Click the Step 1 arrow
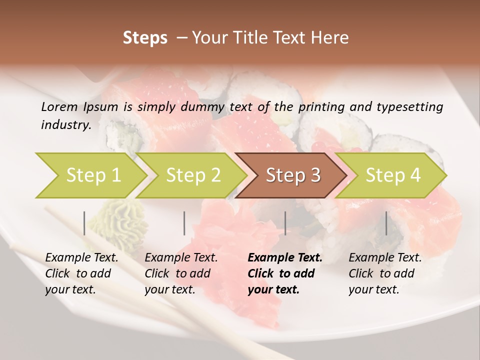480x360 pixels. (90, 175)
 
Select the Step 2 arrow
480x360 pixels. (192, 175)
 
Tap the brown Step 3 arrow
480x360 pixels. (292, 175)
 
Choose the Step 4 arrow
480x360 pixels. (392, 175)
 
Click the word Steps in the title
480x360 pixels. (145, 37)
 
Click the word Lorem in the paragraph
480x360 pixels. (59, 106)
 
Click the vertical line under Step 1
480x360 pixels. (84, 223)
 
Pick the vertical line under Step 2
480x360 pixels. (184, 223)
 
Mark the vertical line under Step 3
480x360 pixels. (285, 223)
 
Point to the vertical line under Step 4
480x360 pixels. (386, 223)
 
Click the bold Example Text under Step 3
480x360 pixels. (285, 257)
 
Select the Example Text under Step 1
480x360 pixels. (81, 257)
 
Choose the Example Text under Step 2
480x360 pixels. (181, 257)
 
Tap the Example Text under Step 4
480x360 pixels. (385, 257)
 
